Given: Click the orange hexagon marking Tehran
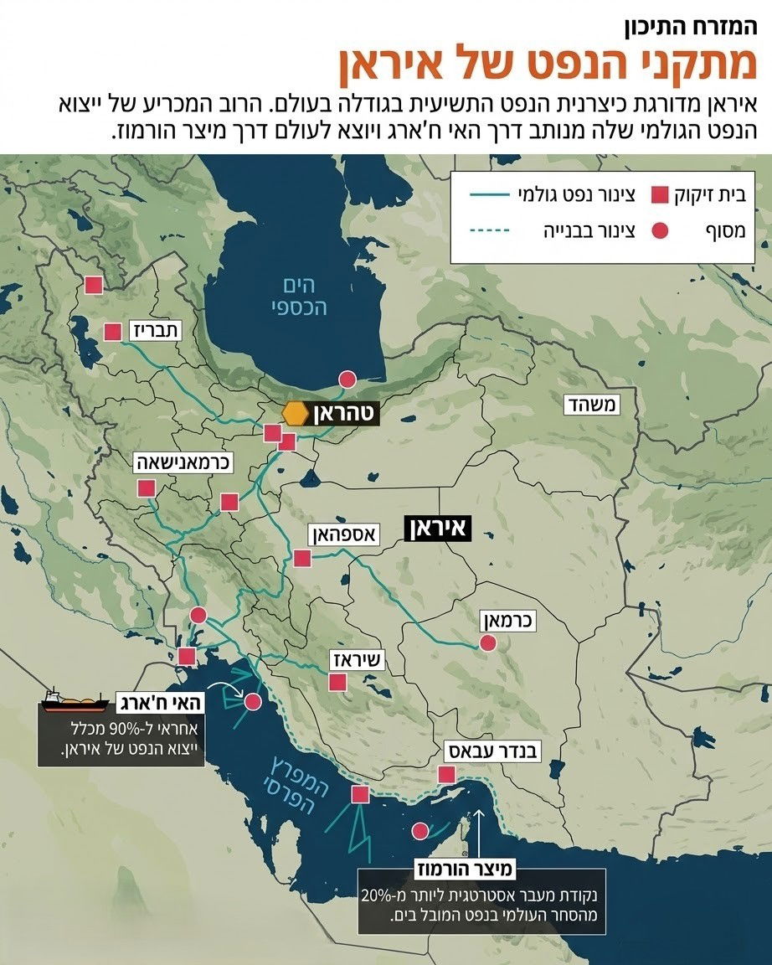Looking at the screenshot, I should (294, 413).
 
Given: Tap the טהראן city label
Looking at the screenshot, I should (346, 413).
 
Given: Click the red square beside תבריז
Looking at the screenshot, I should (113, 332).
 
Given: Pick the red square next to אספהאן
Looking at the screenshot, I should (302, 558).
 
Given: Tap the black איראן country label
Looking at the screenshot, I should (437, 529).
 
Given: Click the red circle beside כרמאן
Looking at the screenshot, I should (486, 643).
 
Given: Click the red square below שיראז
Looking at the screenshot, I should (338, 683).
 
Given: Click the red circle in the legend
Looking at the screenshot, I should (660, 230).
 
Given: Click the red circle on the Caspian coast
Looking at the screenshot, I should (346, 379).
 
